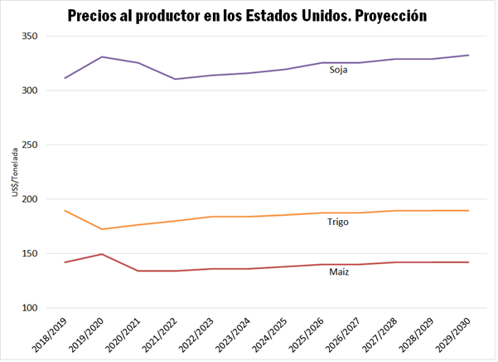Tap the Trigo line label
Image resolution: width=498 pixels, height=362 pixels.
pyautogui.click(x=338, y=222)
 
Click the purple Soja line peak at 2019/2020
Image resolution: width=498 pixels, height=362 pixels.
pyautogui.click(x=101, y=57)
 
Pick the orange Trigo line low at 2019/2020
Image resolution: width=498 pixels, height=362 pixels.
pyautogui.click(x=101, y=229)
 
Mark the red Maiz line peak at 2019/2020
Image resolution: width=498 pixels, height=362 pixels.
pyautogui.click(x=101, y=254)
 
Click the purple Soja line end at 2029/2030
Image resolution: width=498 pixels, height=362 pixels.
pyautogui.click(x=468, y=56)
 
